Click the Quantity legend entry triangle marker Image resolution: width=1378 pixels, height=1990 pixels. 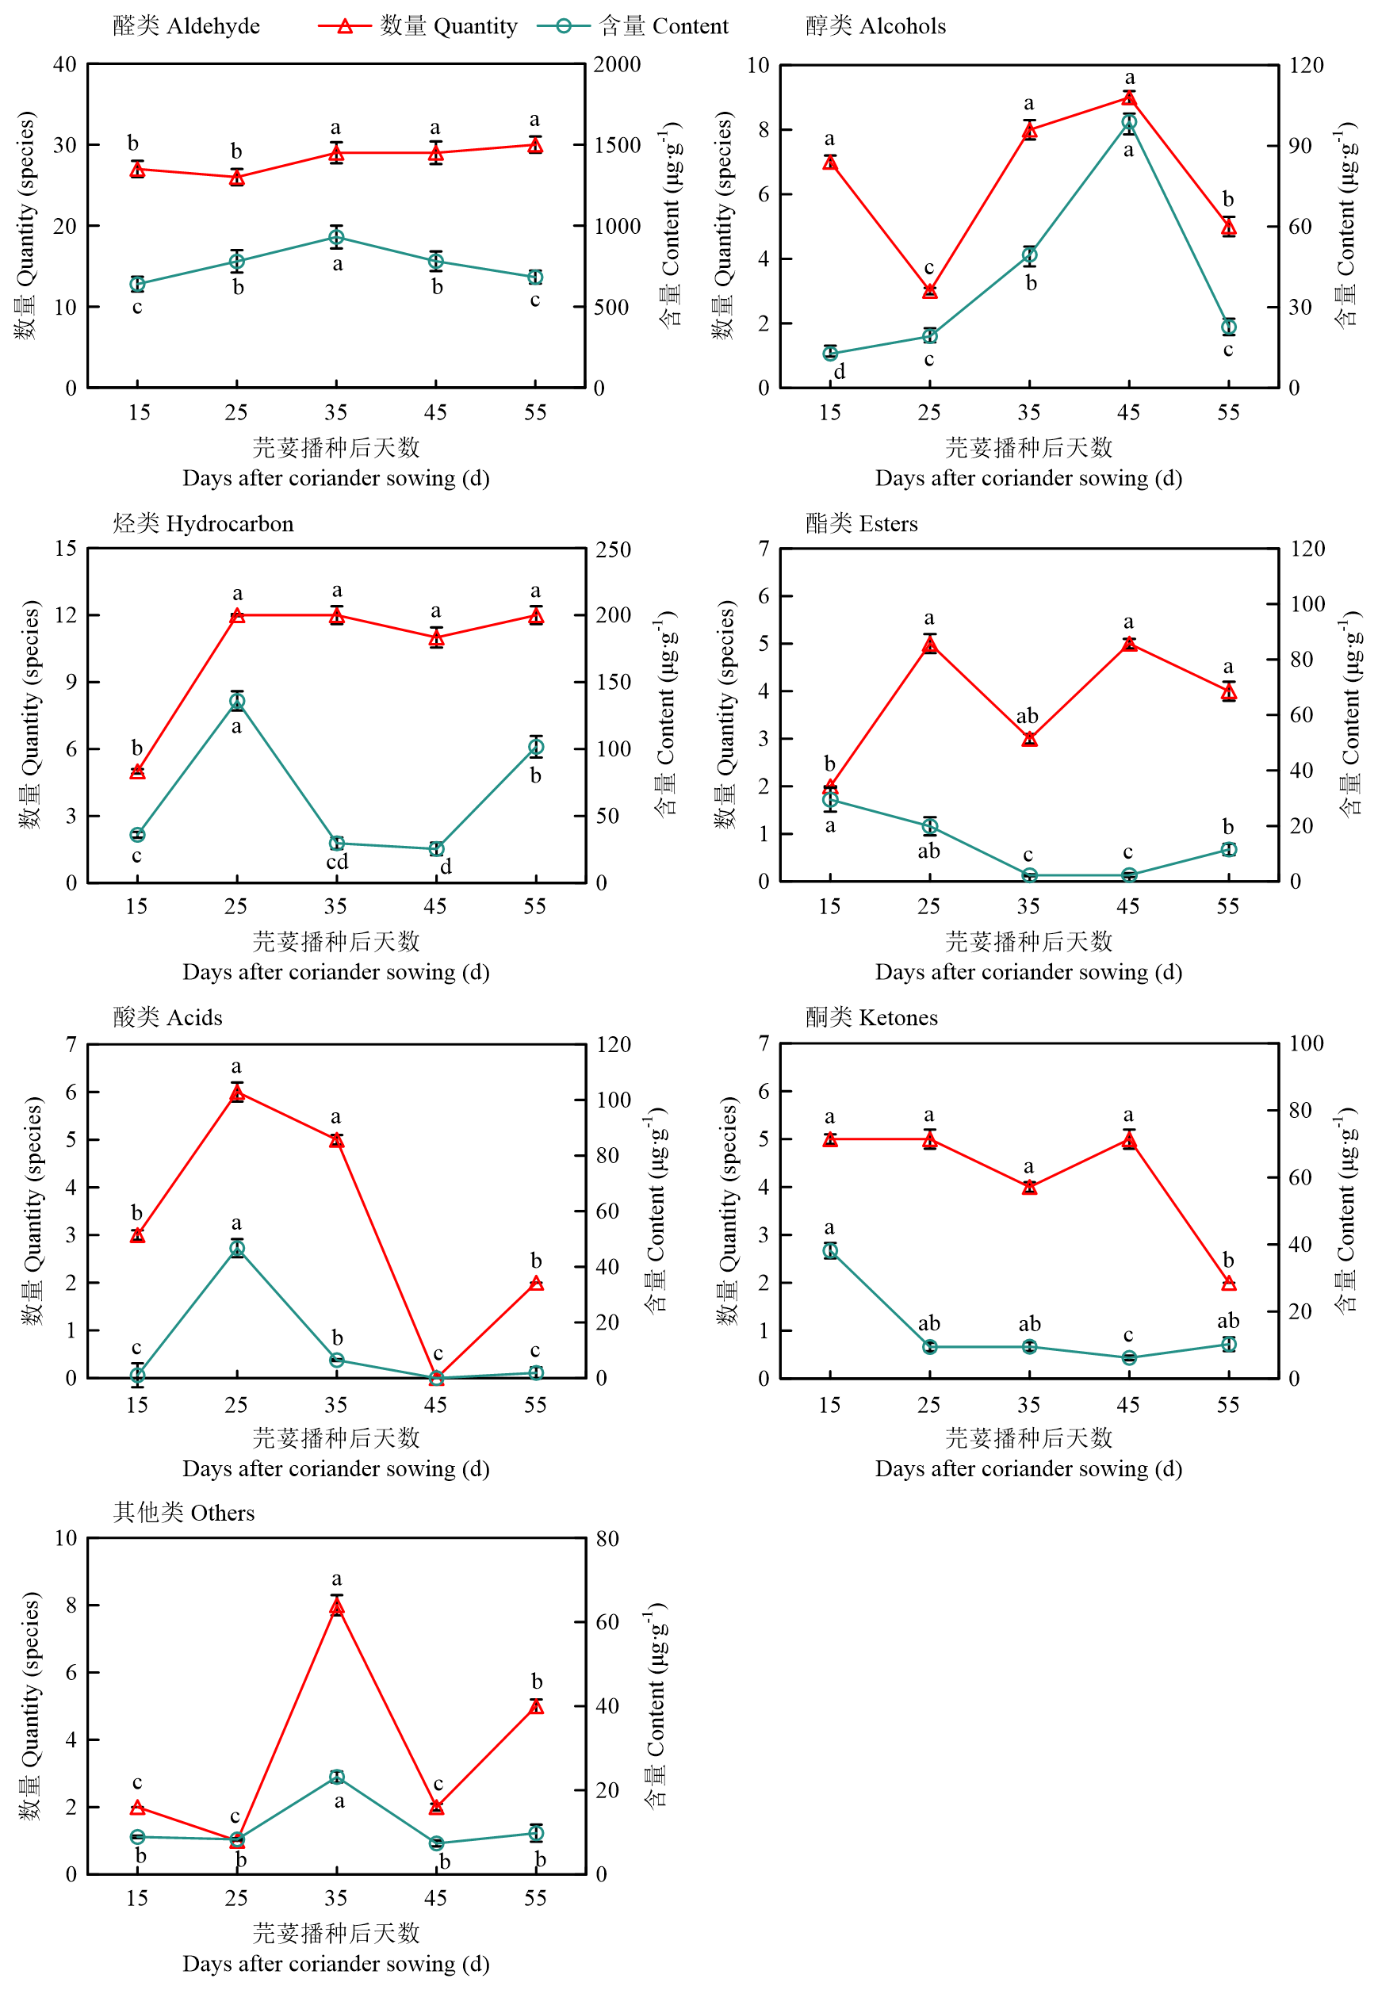tap(344, 26)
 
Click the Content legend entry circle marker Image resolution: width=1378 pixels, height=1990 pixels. tap(563, 26)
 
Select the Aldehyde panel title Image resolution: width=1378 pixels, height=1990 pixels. tap(186, 26)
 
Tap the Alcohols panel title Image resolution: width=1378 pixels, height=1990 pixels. tap(875, 26)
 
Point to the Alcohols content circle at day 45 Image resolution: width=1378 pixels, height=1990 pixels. tap(1128, 123)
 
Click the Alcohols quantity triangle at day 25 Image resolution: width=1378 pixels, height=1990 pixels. tap(929, 291)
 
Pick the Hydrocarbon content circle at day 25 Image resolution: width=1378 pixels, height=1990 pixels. tap(236, 702)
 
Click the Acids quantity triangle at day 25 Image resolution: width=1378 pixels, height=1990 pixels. tap(236, 1093)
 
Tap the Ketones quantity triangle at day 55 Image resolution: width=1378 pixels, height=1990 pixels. tap(1229, 1284)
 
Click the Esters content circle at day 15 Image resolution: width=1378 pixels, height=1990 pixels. tap(830, 800)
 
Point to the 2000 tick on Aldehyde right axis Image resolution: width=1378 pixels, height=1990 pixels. tap(617, 65)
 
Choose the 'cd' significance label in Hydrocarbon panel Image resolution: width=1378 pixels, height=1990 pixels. tap(337, 862)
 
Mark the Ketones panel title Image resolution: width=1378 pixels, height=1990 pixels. tap(871, 1017)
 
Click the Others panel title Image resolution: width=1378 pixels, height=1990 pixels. tap(184, 1513)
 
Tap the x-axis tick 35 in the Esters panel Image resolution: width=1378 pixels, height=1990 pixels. tap(1028, 905)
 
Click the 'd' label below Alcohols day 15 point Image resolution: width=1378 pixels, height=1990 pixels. tap(839, 372)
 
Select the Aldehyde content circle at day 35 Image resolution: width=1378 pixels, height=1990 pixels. tap(337, 237)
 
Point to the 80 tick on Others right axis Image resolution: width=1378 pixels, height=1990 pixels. tap(607, 1538)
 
